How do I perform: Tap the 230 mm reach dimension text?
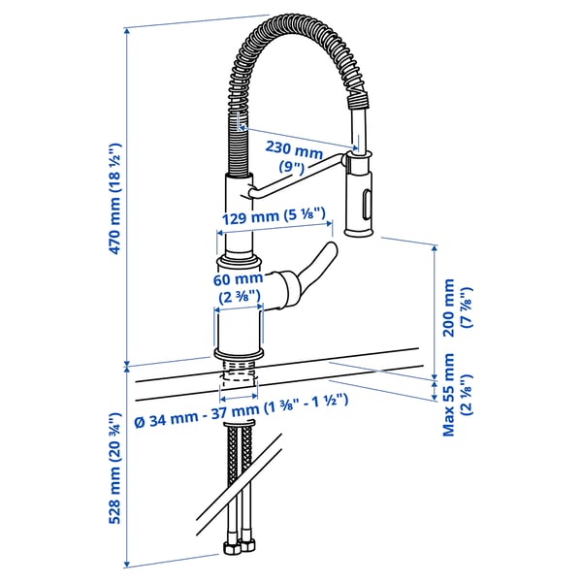[x=295, y=151]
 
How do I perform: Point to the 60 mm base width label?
[x=238, y=279]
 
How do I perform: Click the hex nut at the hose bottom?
[x=235, y=549]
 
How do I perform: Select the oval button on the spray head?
[x=366, y=205]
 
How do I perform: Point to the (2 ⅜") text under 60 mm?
[x=238, y=295]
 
